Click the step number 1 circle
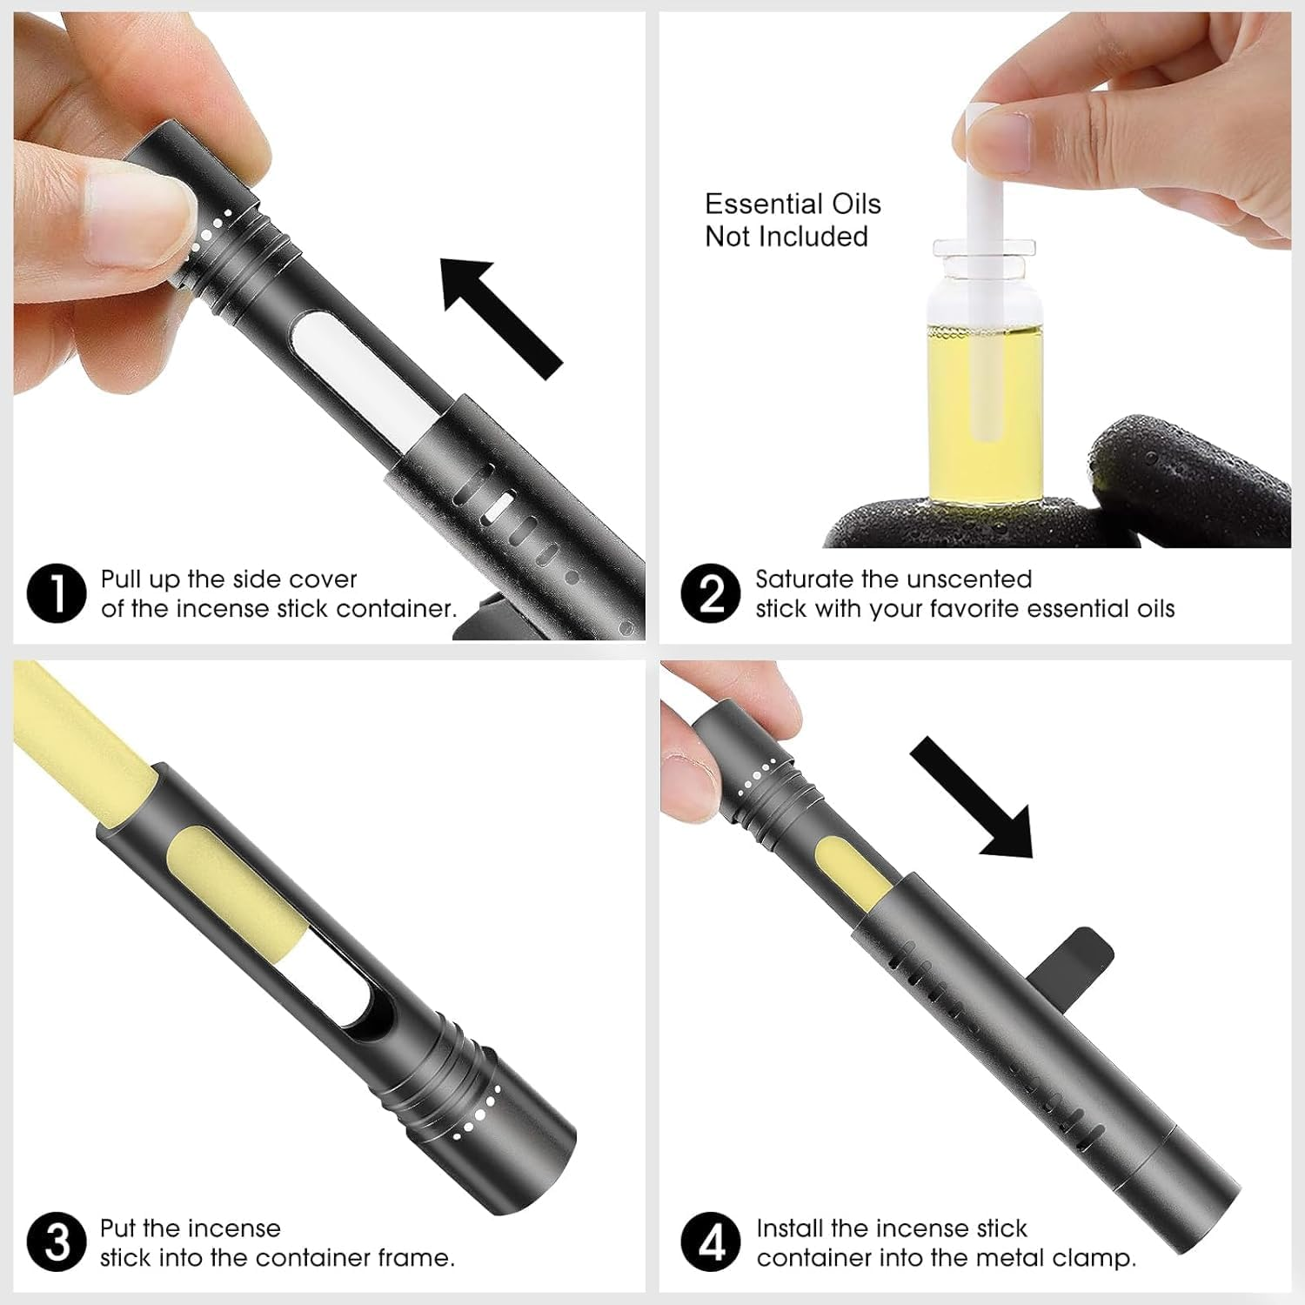(57, 594)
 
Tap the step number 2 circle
(711, 594)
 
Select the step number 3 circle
(57, 1243)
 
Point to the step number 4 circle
(711, 1243)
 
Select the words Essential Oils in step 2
(793, 204)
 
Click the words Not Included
(786, 237)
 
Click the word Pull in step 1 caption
(120, 579)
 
